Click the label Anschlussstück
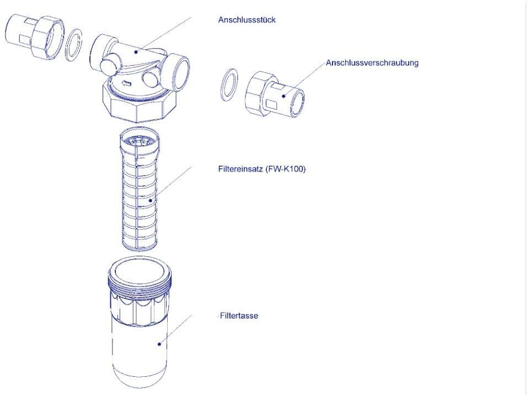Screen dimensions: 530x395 pos(247,20)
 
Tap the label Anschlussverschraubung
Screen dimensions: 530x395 pos(372,63)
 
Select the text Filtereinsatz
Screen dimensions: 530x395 pos(240,168)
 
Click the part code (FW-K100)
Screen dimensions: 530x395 pos(286,168)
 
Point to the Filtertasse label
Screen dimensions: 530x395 pos(239,316)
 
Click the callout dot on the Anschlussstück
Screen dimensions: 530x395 pos(136,52)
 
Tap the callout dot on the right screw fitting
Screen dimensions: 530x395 pos(283,96)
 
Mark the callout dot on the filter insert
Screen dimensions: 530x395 pos(151,201)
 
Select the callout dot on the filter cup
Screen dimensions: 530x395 pos(159,344)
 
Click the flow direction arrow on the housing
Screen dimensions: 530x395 pos(126,83)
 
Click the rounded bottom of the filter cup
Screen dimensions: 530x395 pos(140,374)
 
